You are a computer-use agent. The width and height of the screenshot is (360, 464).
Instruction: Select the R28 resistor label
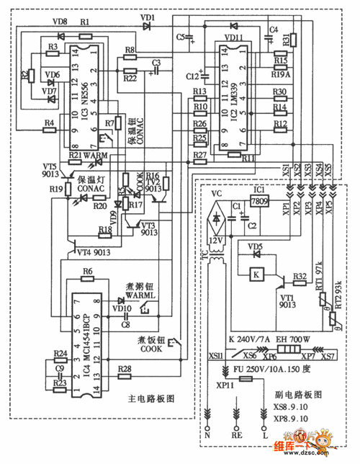click(125, 369)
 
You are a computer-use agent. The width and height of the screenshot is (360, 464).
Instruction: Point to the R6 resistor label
click(87, 271)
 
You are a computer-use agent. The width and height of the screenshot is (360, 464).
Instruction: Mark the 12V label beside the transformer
click(215, 238)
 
